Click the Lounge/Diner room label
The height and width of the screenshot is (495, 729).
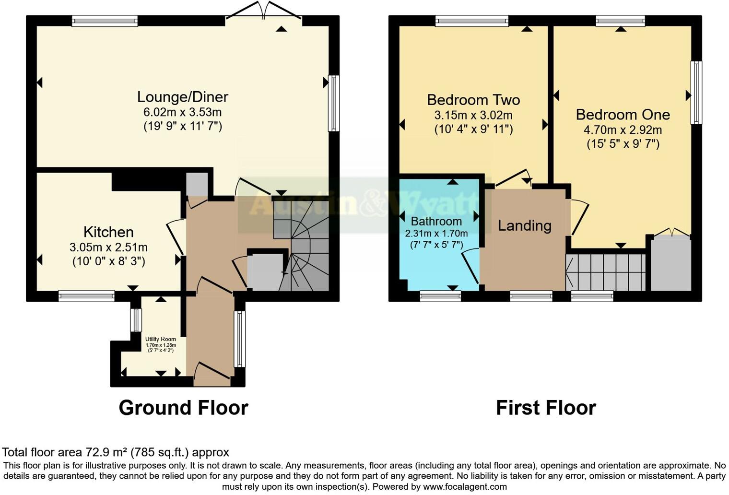pyautogui.click(x=182, y=97)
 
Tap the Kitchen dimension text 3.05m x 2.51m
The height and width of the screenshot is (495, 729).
pyautogui.click(x=108, y=247)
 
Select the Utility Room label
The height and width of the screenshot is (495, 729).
pyautogui.click(x=161, y=339)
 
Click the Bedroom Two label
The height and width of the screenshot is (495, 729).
pyautogui.click(x=473, y=100)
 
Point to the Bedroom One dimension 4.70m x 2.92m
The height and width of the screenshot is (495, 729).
pyautogui.click(x=623, y=130)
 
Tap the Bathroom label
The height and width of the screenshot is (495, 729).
pyautogui.click(x=436, y=221)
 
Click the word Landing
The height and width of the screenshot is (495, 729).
pyautogui.click(x=524, y=225)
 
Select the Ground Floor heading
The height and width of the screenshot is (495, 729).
pyautogui.click(x=183, y=408)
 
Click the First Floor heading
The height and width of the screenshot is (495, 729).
pyautogui.click(x=546, y=408)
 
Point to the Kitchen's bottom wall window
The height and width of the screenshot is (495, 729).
pyautogui.click(x=86, y=296)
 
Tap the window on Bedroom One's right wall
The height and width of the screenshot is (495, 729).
pyautogui.click(x=696, y=92)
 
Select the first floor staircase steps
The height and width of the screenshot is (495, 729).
pyautogui.click(x=605, y=272)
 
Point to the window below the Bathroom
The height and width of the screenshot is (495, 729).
pyautogui.click(x=440, y=296)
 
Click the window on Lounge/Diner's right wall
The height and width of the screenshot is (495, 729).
pyautogui.click(x=334, y=103)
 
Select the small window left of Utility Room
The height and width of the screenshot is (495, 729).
pyautogui.click(x=136, y=320)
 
